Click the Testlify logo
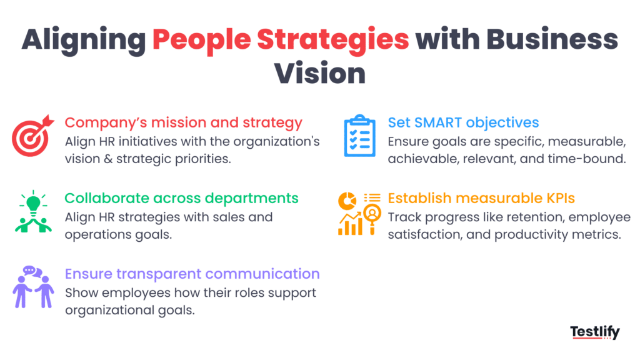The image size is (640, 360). tap(594, 332)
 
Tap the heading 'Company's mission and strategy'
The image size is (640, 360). tap(184, 122)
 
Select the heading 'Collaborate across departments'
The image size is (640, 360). tap(182, 198)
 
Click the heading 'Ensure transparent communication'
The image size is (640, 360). tap(192, 274)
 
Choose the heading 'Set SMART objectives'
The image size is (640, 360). tap(463, 122)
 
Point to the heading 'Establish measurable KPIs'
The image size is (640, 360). tap(481, 198)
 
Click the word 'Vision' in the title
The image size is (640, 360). tap(320, 73)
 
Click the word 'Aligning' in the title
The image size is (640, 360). tap(82, 40)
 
